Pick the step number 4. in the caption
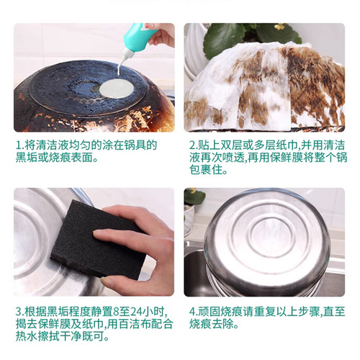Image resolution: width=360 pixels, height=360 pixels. (x=192, y=312)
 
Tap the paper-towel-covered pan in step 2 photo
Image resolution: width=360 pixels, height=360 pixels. (x=259, y=86)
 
